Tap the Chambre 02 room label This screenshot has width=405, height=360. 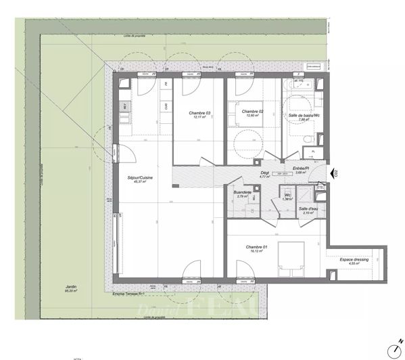tap(252, 112)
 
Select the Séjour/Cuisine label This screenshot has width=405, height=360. tap(141, 177)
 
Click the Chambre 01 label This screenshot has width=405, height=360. tap(256, 247)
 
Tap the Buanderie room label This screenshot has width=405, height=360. tap(243, 192)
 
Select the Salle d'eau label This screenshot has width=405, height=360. tap(309, 208)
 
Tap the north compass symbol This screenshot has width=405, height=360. tap(394, 348)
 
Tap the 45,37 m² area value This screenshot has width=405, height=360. tap(141, 181)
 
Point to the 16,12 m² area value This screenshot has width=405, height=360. tap(256, 252)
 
